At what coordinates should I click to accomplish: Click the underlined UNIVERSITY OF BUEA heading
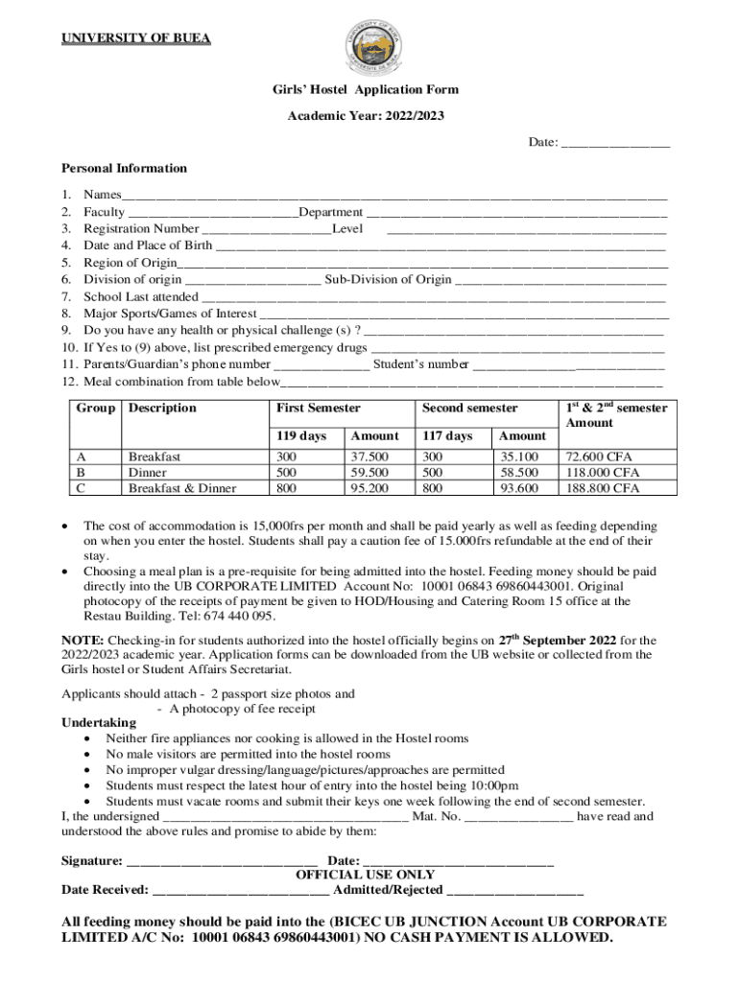click(136, 38)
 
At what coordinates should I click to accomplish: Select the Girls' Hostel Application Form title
click(366, 90)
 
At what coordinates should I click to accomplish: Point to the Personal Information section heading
click(125, 169)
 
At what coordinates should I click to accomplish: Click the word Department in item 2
click(330, 212)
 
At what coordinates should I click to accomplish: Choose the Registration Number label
click(141, 229)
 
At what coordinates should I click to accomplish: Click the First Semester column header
click(318, 409)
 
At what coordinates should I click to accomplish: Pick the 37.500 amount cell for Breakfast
click(369, 456)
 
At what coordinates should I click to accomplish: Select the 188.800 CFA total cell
click(603, 488)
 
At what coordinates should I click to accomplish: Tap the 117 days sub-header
click(447, 436)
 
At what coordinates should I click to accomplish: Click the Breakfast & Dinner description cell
click(182, 488)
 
